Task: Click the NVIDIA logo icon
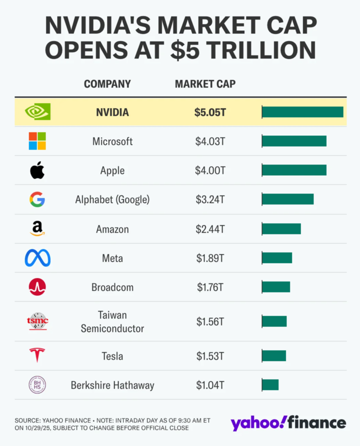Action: click(37, 112)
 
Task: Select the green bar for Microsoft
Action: click(294, 141)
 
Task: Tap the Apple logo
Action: click(37, 170)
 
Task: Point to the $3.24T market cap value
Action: click(210, 199)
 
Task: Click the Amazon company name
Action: click(112, 229)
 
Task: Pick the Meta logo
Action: click(37, 258)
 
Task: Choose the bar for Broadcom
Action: click(276, 287)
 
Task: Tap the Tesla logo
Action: click(37, 355)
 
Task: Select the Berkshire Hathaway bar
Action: click(270, 384)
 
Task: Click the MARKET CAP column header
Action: click(205, 84)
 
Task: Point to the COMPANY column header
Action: click(107, 84)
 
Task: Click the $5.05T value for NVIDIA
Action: click(210, 112)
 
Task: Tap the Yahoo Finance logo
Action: click(288, 422)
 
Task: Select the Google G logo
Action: click(37, 199)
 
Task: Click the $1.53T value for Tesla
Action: click(210, 356)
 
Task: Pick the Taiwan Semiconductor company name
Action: click(112, 321)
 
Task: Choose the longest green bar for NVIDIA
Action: click(302, 112)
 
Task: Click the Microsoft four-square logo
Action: click(37, 141)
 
